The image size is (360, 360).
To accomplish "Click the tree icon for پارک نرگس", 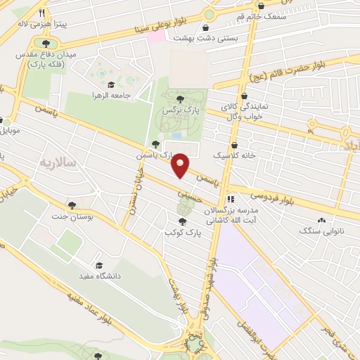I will click(x=181, y=99).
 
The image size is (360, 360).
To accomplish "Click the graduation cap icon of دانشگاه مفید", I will click(x=99, y=265).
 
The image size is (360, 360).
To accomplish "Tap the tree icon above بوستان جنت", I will click(x=72, y=205).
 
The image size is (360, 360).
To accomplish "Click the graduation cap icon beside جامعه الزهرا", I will click(x=110, y=84).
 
